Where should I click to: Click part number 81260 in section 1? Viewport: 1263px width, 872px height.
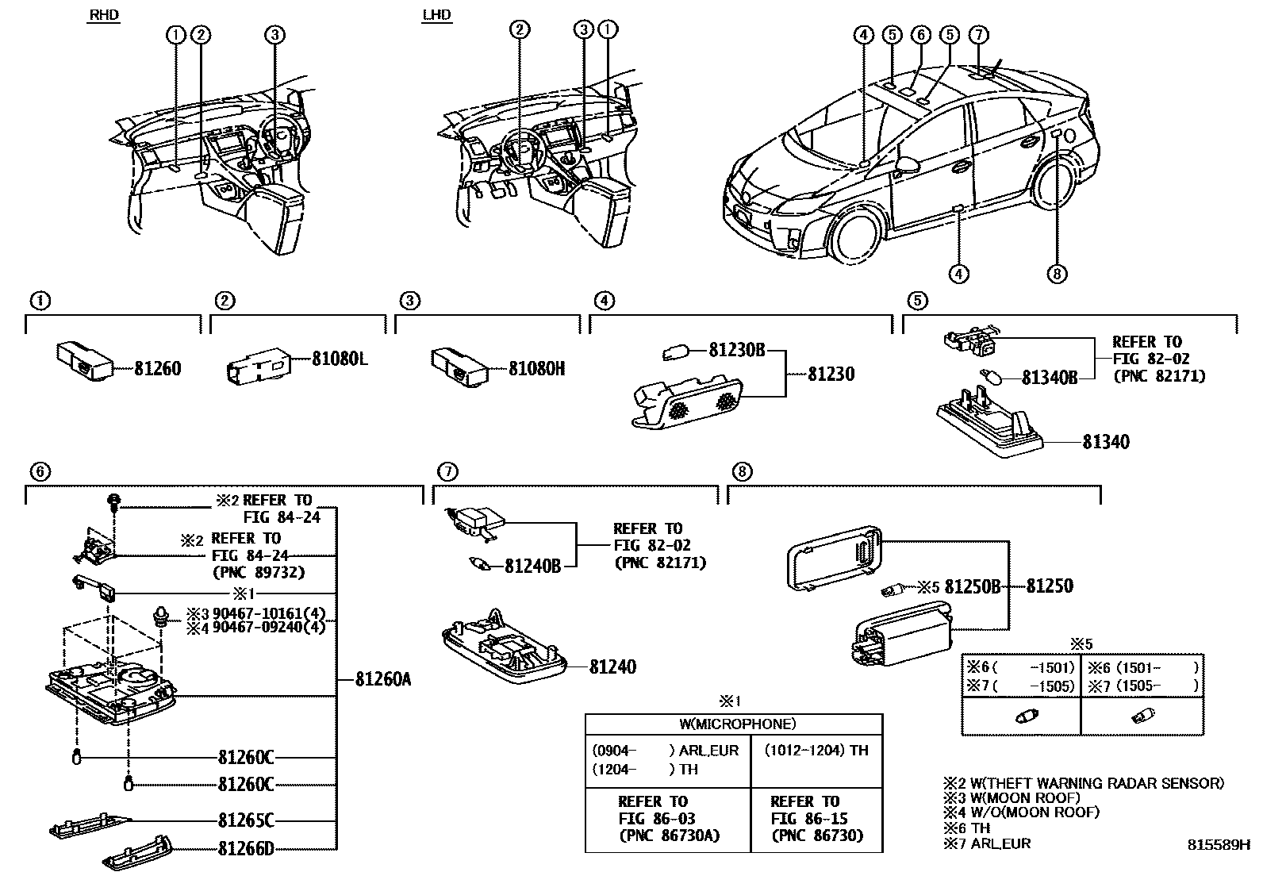pyautogui.click(x=157, y=369)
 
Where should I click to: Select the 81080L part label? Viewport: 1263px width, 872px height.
pyautogui.click(x=340, y=359)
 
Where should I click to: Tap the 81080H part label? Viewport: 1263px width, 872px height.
pyautogui.click(x=536, y=369)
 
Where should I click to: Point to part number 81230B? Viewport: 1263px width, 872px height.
pyautogui.click(x=735, y=350)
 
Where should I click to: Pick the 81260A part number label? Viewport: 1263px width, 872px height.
pyautogui.click(x=383, y=679)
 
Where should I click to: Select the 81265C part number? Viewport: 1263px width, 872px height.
pyautogui.click(x=246, y=820)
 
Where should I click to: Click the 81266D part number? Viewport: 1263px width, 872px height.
pyautogui.click(x=246, y=849)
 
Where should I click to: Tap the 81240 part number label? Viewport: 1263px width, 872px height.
pyautogui.click(x=612, y=667)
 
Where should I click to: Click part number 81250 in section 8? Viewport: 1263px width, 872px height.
pyautogui.click(x=1050, y=586)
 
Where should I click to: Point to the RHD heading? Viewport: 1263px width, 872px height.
pyautogui.click(x=103, y=14)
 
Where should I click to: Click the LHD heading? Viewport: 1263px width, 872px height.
pyautogui.click(x=438, y=14)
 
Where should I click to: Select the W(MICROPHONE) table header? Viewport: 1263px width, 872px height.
pyautogui.click(x=733, y=724)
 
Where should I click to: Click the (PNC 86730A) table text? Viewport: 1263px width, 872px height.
pyautogui.click(x=668, y=836)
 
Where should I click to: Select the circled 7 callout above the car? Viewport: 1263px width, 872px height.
pyautogui.click(x=979, y=34)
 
